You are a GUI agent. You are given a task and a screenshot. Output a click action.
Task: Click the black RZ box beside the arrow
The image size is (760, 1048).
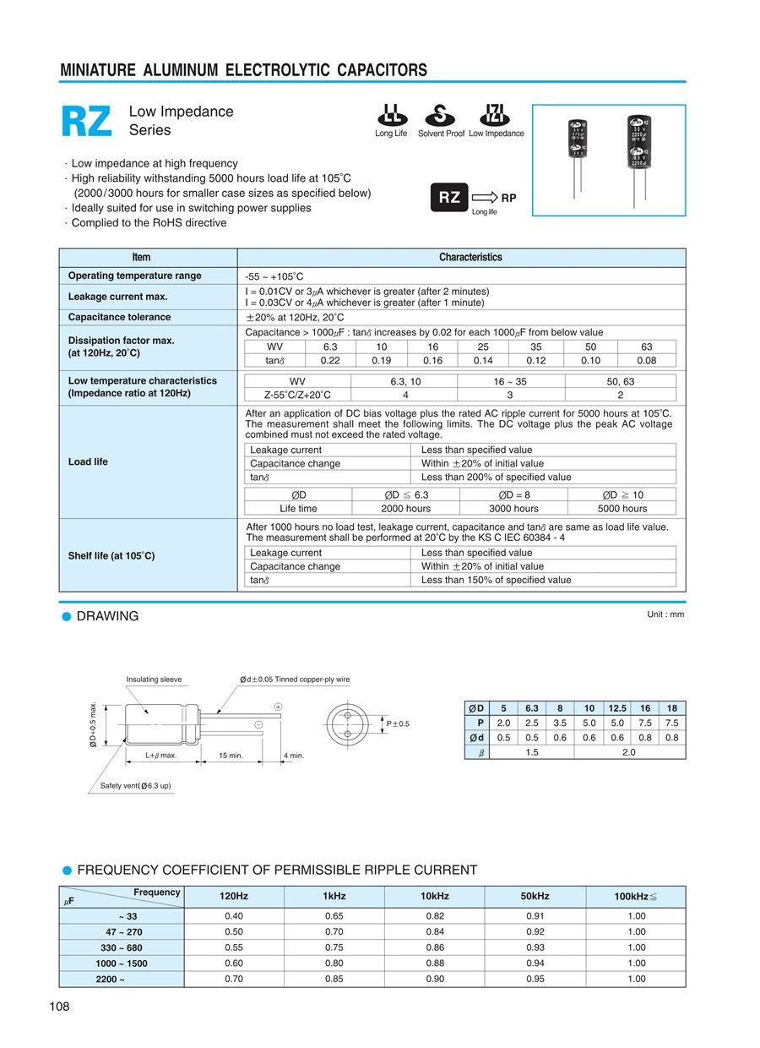tap(449, 197)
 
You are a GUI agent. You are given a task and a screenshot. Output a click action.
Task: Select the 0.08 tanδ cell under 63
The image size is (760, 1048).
tap(647, 360)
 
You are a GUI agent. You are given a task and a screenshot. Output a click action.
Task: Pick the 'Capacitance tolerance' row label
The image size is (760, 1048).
tap(119, 317)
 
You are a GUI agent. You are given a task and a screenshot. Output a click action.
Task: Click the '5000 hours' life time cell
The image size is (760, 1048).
tap(622, 509)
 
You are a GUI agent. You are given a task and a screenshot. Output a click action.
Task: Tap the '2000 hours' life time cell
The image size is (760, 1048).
tap(405, 509)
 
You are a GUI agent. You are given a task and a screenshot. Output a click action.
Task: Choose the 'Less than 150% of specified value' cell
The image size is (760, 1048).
tap(496, 580)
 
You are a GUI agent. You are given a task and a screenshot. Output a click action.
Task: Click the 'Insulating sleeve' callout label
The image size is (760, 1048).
tap(154, 680)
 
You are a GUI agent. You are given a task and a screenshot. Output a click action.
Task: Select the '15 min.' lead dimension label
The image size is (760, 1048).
tap(231, 756)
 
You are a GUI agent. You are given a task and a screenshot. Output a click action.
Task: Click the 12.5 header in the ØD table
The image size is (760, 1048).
tap(617, 708)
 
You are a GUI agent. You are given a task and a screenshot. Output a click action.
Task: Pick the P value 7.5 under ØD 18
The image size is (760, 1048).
tap(671, 723)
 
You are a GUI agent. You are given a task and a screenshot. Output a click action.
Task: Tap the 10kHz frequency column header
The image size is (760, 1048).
tap(435, 896)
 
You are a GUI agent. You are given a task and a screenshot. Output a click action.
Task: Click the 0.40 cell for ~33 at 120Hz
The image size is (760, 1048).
tap(234, 916)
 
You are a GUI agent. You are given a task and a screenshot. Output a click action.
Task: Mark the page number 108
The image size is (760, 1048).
tap(59, 1007)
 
